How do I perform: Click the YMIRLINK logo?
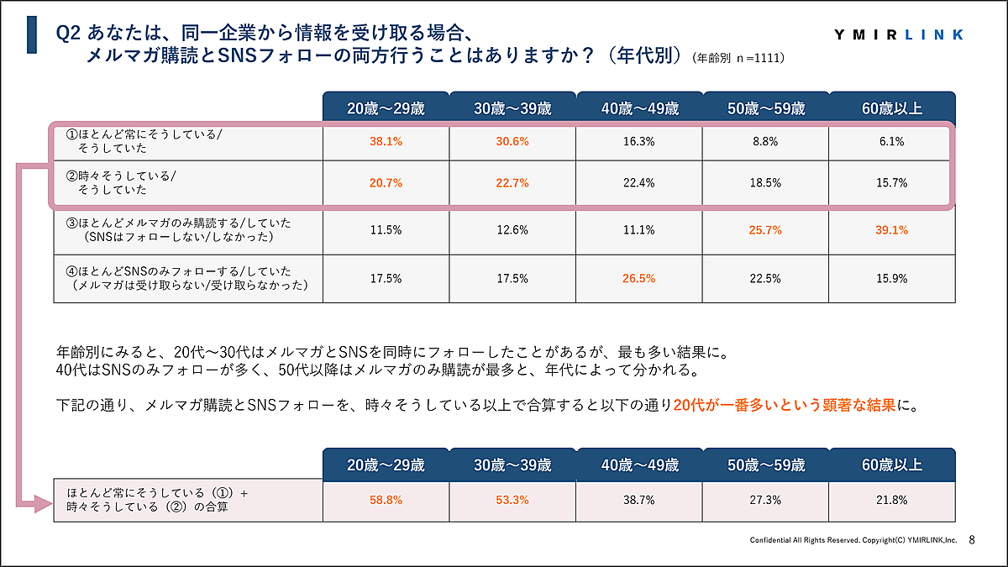tap(899, 34)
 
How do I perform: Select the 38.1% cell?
tap(386, 142)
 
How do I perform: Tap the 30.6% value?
tap(512, 142)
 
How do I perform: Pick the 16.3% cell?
tap(639, 142)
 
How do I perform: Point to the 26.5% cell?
tap(639, 279)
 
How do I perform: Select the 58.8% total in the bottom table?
tap(386, 500)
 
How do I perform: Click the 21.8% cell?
tap(891, 500)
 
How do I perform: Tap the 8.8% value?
tap(766, 142)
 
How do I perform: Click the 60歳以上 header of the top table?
tap(891, 108)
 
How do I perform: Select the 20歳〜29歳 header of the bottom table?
tap(386, 465)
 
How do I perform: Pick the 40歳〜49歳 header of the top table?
tap(639, 108)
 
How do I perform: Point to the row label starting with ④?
tap(181, 279)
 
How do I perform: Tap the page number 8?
tap(972, 539)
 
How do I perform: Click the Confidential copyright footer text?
tap(853, 540)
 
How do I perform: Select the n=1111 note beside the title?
tap(740, 59)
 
